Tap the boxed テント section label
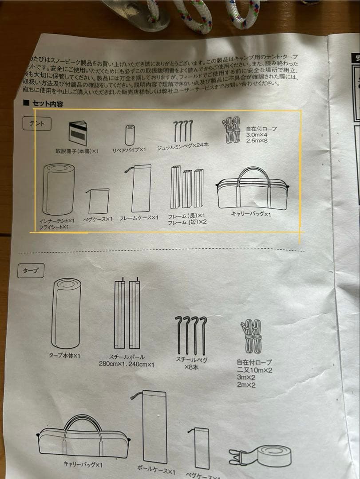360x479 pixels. (37, 124)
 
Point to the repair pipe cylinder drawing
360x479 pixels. (130, 135)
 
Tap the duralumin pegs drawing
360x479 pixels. (183, 130)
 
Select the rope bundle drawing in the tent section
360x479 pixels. (231, 130)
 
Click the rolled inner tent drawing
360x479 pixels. (59, 189)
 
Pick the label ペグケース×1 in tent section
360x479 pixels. (98, 219)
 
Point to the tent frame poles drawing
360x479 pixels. (186, 187)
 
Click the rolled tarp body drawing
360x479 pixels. (66, 313)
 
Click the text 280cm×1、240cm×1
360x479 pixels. (127, 364)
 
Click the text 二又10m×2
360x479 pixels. (254, 369)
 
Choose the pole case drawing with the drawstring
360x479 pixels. (152, 426)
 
